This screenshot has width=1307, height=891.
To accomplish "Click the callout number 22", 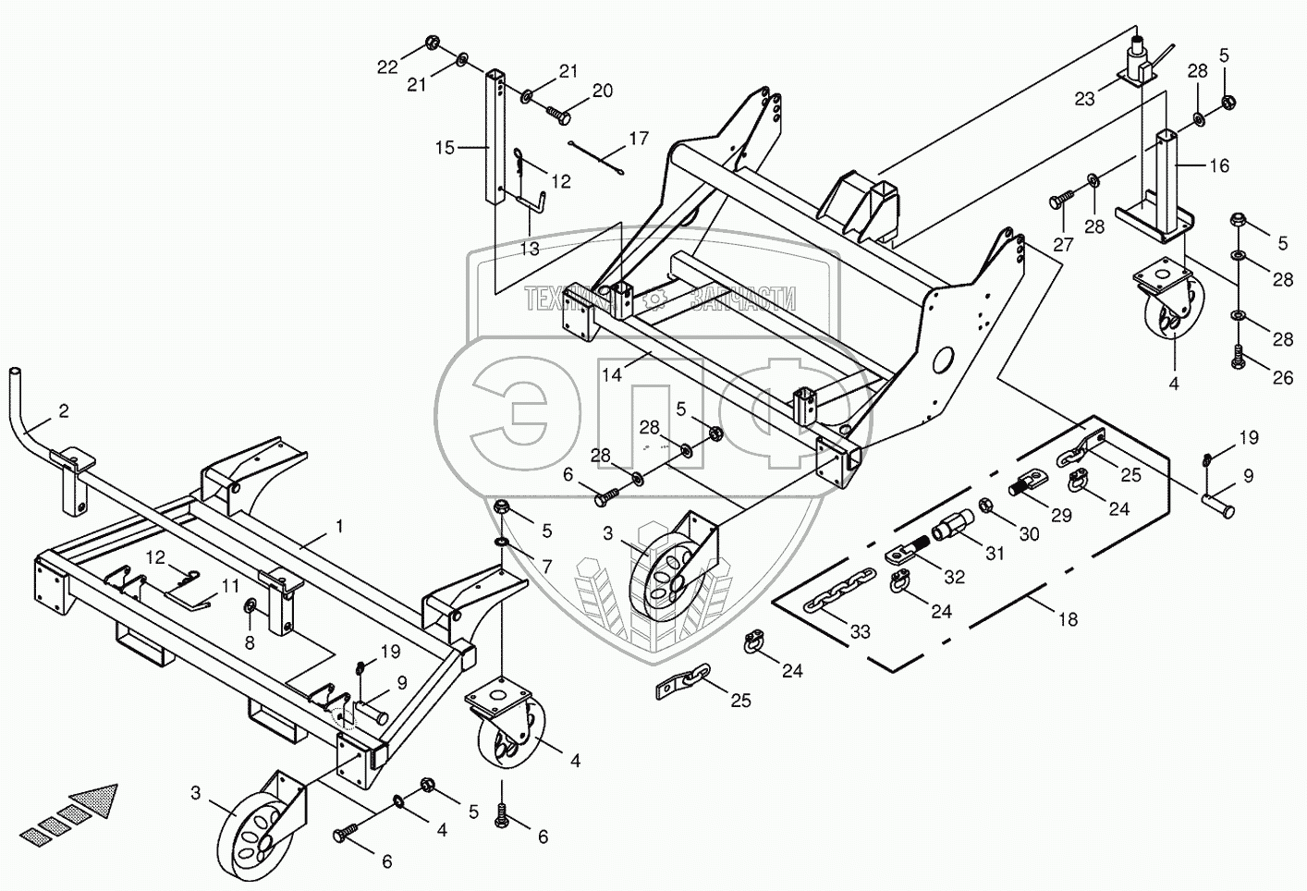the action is pyautogui.click(x=387, y=66).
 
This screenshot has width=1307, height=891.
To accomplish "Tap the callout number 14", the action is pyautogui.click(x=612, y=374).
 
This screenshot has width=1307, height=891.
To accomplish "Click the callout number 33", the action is pyautogui.click(x=861, y=632).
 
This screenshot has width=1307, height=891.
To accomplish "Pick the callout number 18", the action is pyautogui.click(x=1068, y=620).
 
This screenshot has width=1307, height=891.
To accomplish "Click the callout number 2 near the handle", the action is pyautogui.click(x=63, y=411).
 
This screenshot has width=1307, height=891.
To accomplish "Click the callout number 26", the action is pyautogui.click(x=1282, y=377).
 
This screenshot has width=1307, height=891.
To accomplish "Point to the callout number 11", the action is pyautogui.click(x=230, y=585).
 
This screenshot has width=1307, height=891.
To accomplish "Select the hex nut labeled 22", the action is pyautogui.click(x=432, y=43).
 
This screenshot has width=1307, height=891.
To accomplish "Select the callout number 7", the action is pyautogui.click(x=547, y=566).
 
